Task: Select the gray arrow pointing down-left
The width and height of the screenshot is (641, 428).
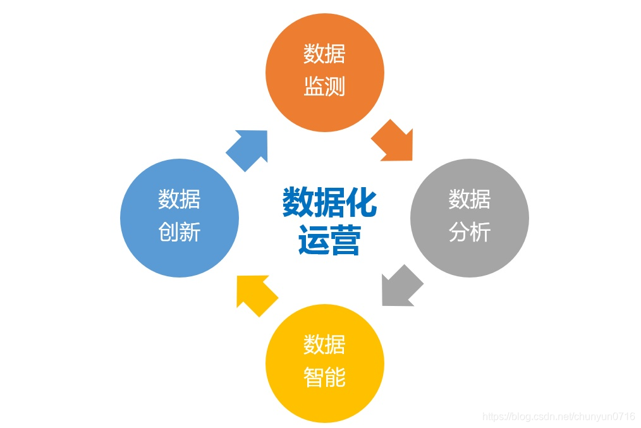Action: pos(401,288)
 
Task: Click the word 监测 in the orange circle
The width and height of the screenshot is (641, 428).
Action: pos(324,87)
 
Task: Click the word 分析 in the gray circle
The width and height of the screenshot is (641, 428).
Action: pos(470,232)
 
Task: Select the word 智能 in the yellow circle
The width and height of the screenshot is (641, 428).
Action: pos(324,377)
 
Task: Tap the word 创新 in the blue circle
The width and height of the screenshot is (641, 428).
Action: pos(180,232)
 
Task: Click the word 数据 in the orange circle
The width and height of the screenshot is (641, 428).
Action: pos(324,54)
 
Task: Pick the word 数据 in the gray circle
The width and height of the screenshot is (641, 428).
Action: pos(470,199)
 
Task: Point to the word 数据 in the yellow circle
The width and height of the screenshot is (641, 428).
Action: pos(324,345)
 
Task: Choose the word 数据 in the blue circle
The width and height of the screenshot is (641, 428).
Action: pos(180,199)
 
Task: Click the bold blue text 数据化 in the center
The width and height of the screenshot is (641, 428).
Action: pos(329,202)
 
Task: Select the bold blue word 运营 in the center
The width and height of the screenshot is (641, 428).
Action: pos(329,240)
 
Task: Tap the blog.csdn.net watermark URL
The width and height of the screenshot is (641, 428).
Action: pos(558,417)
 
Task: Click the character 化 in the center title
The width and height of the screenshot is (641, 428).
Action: pos(361,202)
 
